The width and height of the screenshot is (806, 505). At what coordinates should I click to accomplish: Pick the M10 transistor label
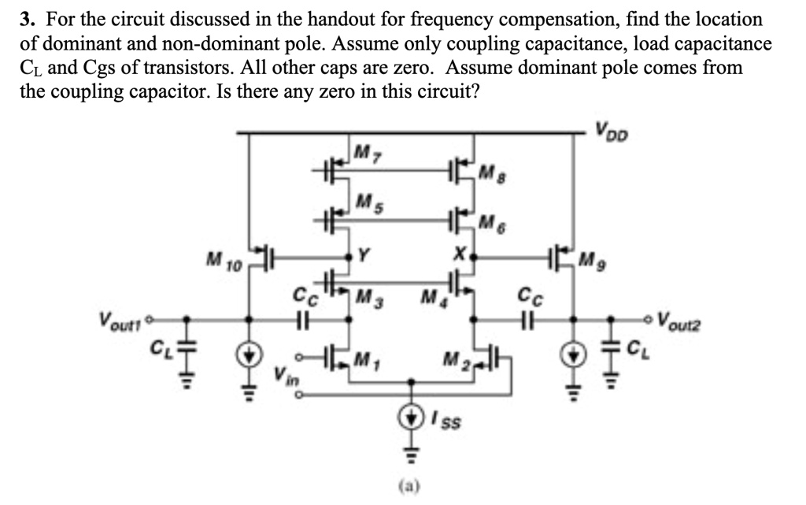click(x=222, y=258)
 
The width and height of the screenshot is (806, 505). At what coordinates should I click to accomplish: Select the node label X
click(x=461, y=254)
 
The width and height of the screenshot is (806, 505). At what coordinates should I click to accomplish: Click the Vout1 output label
click(x=117, y=321)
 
